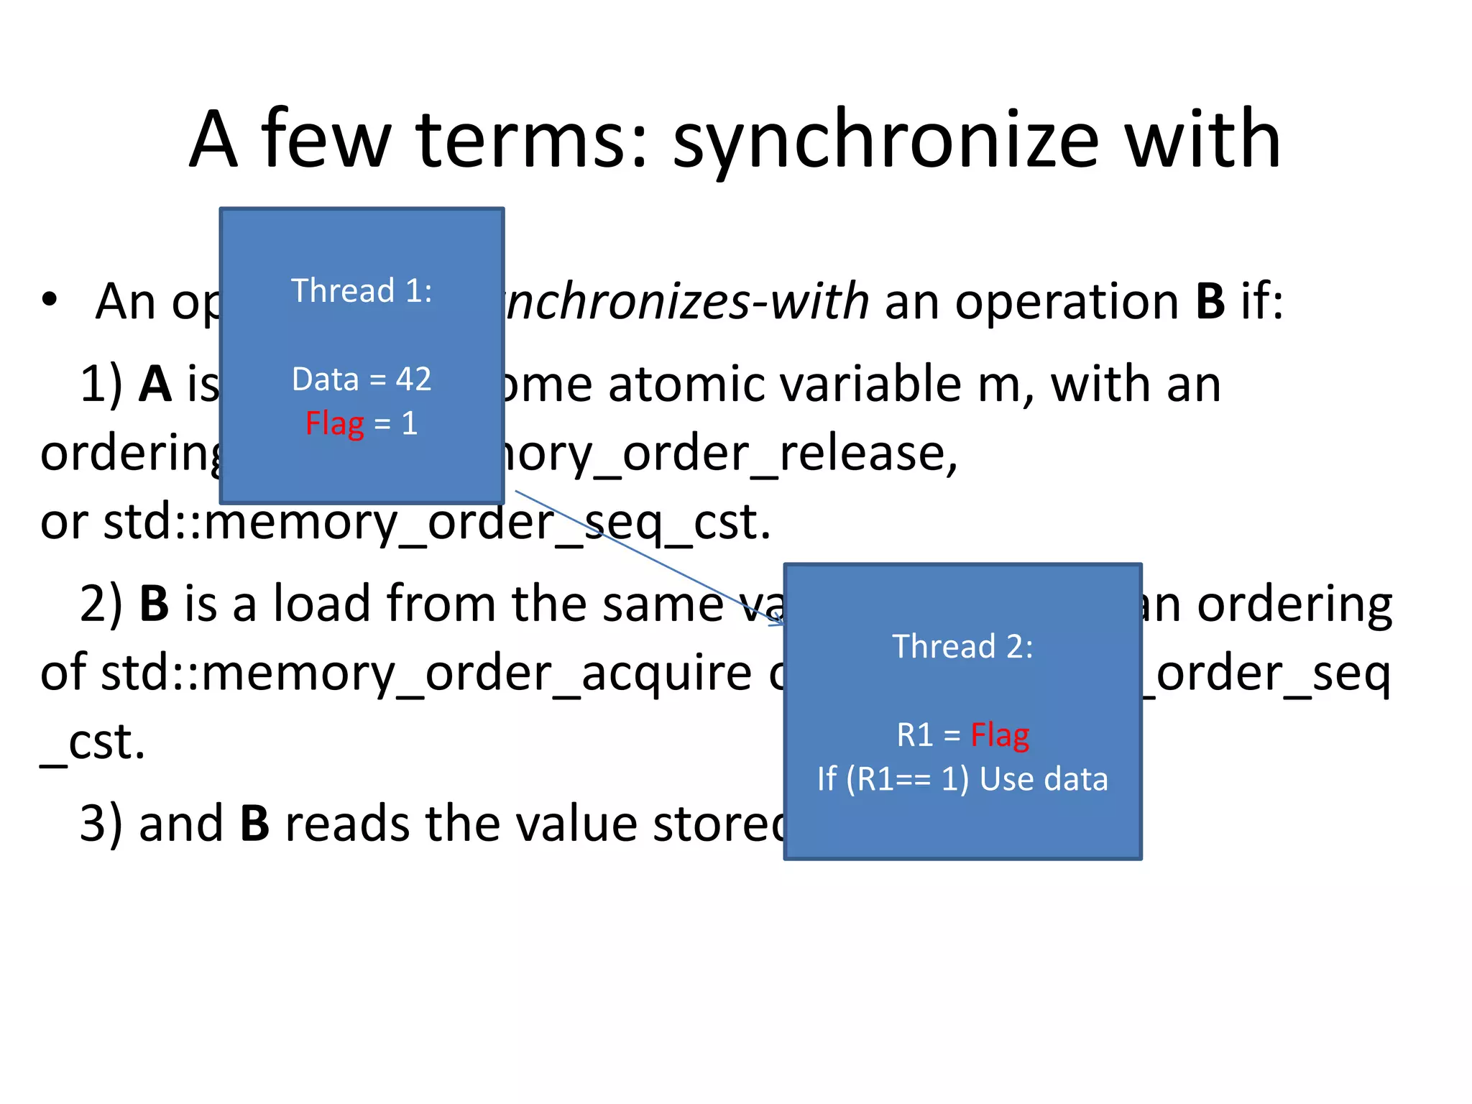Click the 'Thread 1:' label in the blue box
pos(362,291)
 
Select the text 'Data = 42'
pos(362,379)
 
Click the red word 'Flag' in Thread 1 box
pos(335,423)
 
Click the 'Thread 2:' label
pos(962,646)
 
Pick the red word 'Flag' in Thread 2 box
pos(1000,735)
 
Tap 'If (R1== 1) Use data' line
pos(962,779)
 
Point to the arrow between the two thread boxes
pos(647,557)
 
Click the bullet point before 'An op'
pos(49,300)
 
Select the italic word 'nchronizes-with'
pos(686,301)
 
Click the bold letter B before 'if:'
pos(1210,301)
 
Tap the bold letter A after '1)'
pos(155,384)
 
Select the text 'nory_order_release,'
pos(730,453)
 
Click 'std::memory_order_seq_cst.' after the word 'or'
pos(437,522)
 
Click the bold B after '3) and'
pos(254,823)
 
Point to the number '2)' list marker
pos(101,604)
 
